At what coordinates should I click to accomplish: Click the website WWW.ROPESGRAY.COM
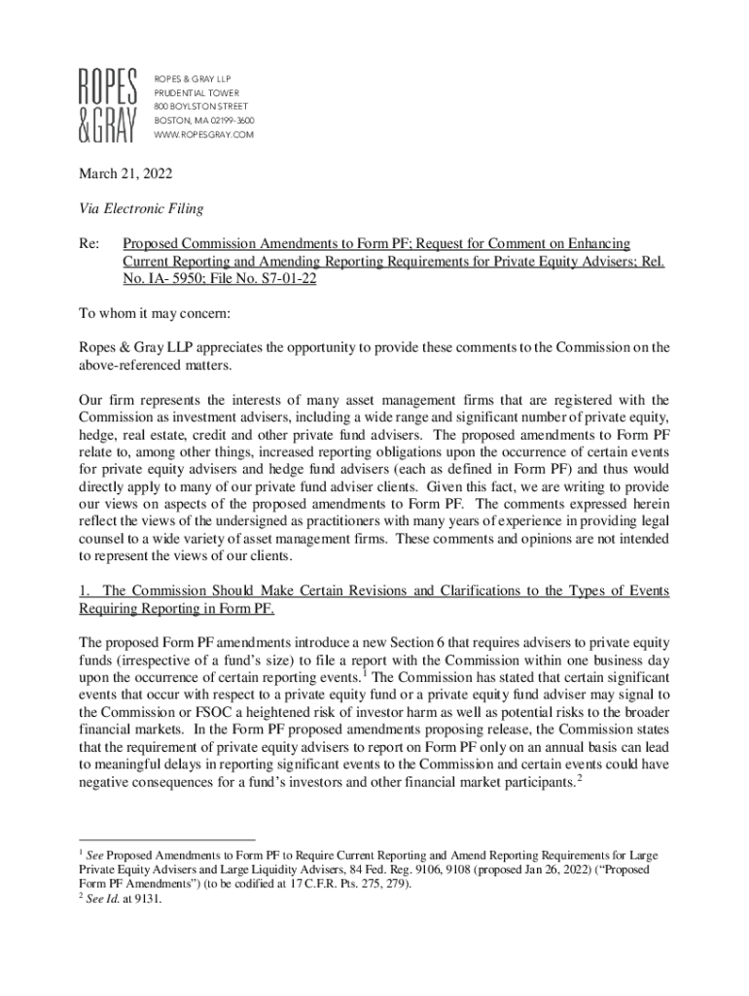[203, 134]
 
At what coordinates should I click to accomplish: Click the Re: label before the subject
[89, 243]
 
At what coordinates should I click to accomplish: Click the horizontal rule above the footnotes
[165, 838]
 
